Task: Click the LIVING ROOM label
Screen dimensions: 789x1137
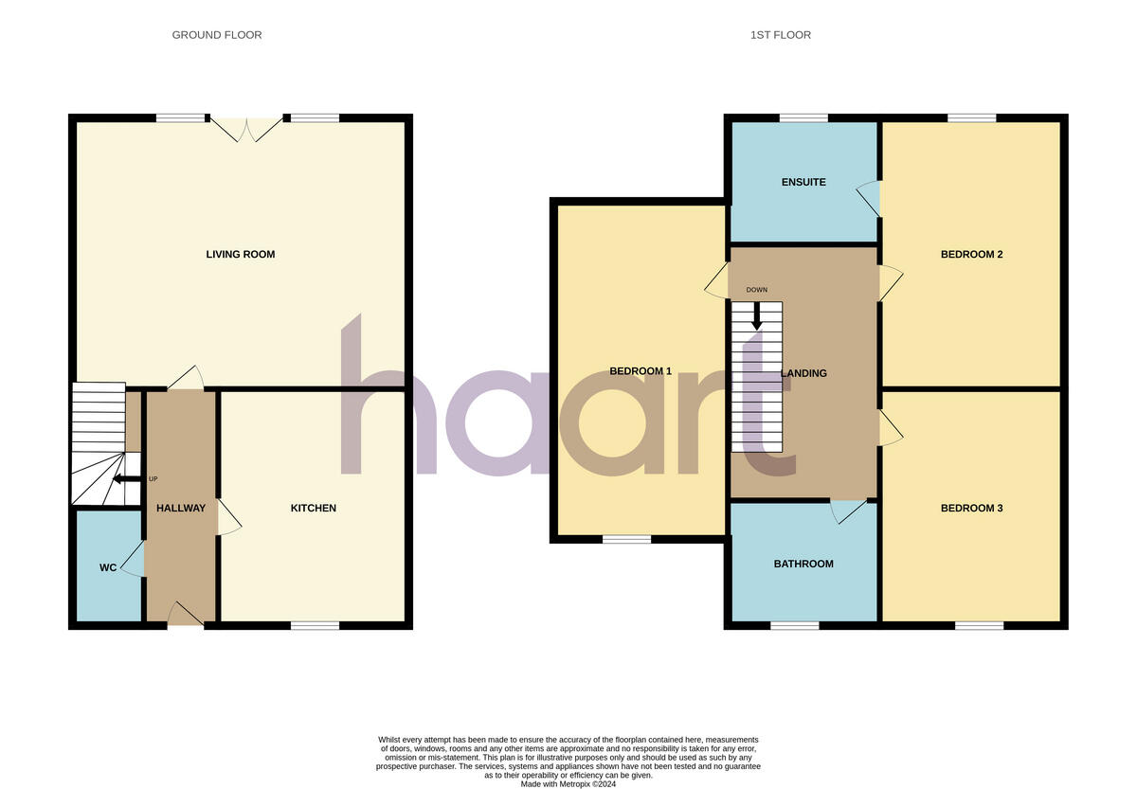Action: [241, 254]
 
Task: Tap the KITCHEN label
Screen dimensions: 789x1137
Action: [313, 509]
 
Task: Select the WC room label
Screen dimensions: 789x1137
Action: [108, 568]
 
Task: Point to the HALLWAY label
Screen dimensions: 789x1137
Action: [181, 509]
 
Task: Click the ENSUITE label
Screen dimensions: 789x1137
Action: [803, 182]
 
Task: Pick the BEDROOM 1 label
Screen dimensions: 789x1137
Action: [641, 371]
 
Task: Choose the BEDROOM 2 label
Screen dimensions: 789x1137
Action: [971, 254]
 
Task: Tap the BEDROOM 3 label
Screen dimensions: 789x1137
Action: [971, 509]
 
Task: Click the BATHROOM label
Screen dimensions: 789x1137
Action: [803, 565]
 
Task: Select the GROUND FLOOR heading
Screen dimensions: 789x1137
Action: [217, 35]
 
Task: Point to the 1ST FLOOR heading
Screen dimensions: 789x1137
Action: [781, 35]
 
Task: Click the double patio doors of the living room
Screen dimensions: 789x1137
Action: [246, 130]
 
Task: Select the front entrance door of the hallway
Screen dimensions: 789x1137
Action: [185, 615]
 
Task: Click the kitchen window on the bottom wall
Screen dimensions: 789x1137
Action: [315, 625]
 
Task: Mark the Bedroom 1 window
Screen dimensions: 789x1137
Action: [626, 540]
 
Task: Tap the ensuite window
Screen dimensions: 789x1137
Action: [803, 118]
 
